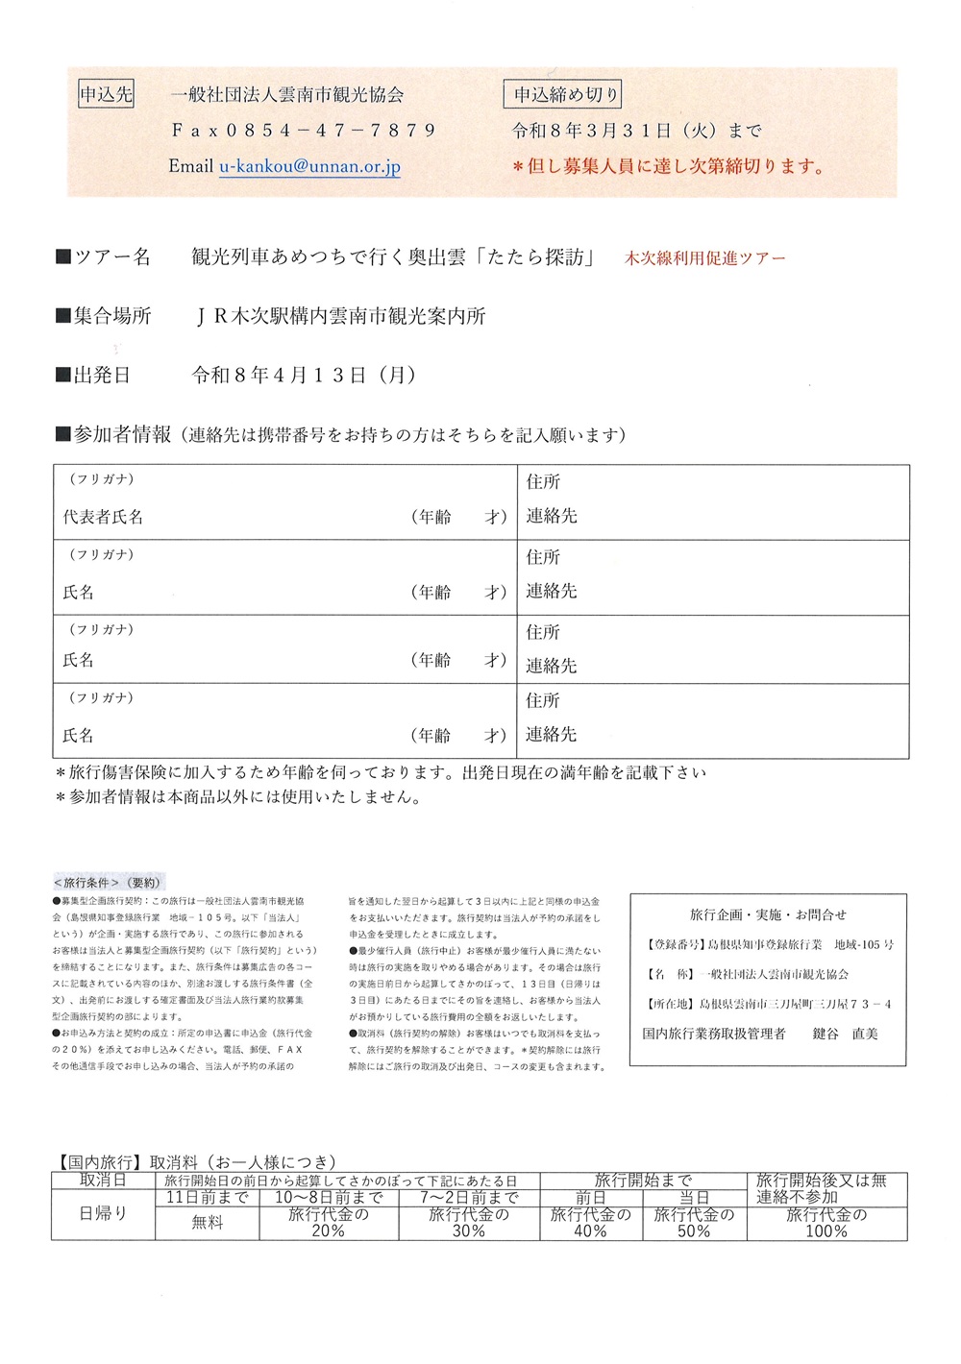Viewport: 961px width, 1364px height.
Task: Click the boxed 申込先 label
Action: tap(106, 94)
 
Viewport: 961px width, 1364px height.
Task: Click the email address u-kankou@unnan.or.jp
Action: tap(309, 166)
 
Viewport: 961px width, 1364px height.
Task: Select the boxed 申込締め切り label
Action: tap(565, 94)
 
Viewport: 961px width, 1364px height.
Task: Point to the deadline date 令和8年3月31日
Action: tap(591, 131)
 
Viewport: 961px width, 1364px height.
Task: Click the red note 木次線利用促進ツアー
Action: tap(704, 258)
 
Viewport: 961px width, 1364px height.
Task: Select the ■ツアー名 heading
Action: tap(104, 256)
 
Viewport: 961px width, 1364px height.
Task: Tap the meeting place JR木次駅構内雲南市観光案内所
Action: tap(341, 316)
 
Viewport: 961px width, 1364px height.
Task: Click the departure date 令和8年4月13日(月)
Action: tap(304, 376)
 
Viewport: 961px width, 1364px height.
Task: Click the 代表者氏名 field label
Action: tap(104, 517)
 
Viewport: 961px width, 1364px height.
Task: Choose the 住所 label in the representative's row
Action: tap(543, 482)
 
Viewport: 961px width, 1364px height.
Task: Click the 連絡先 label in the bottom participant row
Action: tap(552, 735)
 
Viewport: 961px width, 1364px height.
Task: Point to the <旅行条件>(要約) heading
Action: tap(108, 882)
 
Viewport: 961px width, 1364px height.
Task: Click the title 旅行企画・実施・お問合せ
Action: tap(768, 914)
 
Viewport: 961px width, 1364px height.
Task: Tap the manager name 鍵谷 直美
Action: tap(845, 1034)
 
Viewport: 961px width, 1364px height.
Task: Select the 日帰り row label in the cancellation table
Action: tap(103, 1214)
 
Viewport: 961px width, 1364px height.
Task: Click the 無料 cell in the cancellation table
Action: tap(208, 1223)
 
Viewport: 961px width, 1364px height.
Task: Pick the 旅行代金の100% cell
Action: tap(826, 1223)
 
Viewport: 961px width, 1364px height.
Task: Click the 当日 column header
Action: tap(694, 1198)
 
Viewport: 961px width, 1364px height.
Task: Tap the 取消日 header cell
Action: tap(103, 1181)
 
